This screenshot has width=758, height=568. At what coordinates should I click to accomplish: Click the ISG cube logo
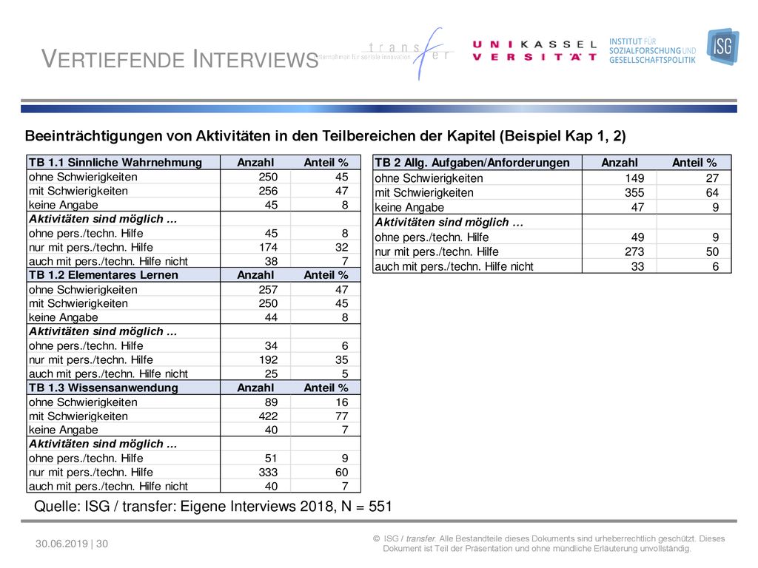click(722, 47)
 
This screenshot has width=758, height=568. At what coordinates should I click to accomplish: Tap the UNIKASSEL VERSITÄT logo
click(534, 51)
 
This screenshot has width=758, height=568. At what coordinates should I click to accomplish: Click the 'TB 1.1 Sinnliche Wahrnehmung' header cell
click(115, 163)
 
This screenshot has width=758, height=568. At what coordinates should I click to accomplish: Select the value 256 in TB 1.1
click(268, 191)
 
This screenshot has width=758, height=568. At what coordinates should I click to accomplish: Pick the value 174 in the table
click(268, 247)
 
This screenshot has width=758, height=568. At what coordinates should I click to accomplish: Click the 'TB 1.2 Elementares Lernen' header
click(104, 275)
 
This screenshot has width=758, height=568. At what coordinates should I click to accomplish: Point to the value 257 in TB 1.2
click(268, 289)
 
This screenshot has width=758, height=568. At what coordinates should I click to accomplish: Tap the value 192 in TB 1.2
click(268, 360)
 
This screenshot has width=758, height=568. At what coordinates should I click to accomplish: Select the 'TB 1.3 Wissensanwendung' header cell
click(104, 388)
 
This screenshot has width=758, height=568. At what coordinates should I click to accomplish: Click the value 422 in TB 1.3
click(268, 416)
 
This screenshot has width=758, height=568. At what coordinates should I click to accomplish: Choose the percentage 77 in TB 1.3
click(342, 416)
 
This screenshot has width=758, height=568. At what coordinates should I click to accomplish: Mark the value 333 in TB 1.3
click(268, 473)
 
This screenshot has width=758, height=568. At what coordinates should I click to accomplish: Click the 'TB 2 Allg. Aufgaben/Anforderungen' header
click(472, 163)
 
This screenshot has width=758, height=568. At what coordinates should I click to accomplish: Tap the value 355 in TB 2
click(634, 193)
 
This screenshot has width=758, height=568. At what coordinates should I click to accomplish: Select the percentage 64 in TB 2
click(712, 193)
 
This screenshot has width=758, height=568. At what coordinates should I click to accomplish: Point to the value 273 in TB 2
click(634, 251)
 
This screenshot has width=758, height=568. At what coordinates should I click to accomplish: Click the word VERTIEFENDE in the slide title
click(113, 59)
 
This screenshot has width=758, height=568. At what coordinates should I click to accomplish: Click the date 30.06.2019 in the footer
click(61, 544)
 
